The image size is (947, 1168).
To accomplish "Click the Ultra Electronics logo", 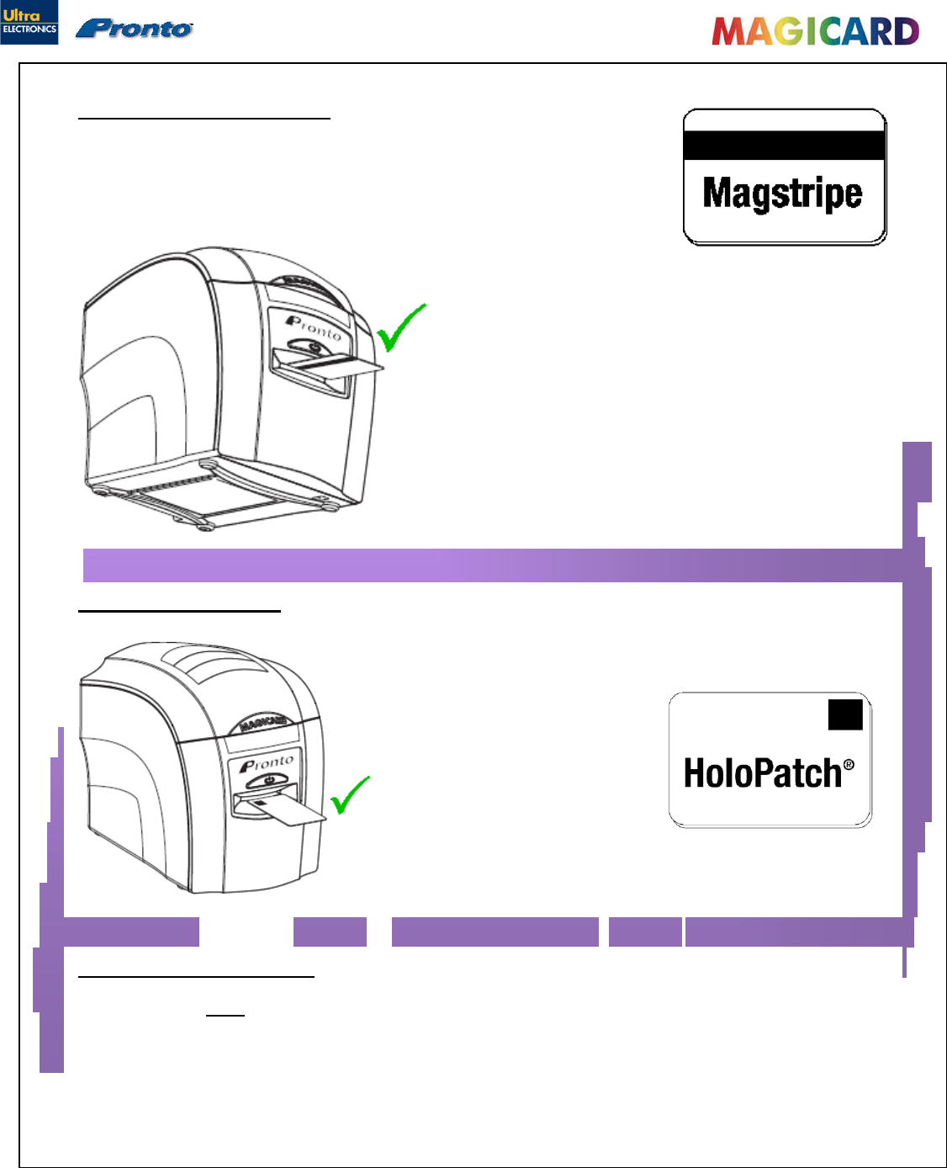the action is (x=29, y=22).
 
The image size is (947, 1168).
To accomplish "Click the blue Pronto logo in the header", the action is (x=135, y=29).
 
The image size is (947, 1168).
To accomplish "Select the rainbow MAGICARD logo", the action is (x=815, y=31).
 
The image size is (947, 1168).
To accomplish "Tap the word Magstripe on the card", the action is (x=782, y=194).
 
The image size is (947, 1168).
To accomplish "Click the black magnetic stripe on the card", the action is (x=784, y=145).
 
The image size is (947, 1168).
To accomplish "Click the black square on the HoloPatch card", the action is (x=845, y=714).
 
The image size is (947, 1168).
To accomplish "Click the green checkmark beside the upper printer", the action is (x=400, y=327).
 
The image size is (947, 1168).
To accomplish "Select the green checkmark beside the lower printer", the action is (x=349, y=795).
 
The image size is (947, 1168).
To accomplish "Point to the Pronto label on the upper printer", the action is (x=314, y=328).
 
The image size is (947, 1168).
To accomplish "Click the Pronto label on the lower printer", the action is (x=267, y=764).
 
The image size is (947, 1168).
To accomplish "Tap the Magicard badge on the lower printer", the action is (x=263, y=723).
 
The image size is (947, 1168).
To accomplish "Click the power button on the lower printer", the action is (x=269, y=781).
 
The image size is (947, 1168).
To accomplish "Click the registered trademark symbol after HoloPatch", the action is (x=849, y=764).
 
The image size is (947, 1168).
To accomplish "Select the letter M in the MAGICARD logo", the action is (x=728, y=32).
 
